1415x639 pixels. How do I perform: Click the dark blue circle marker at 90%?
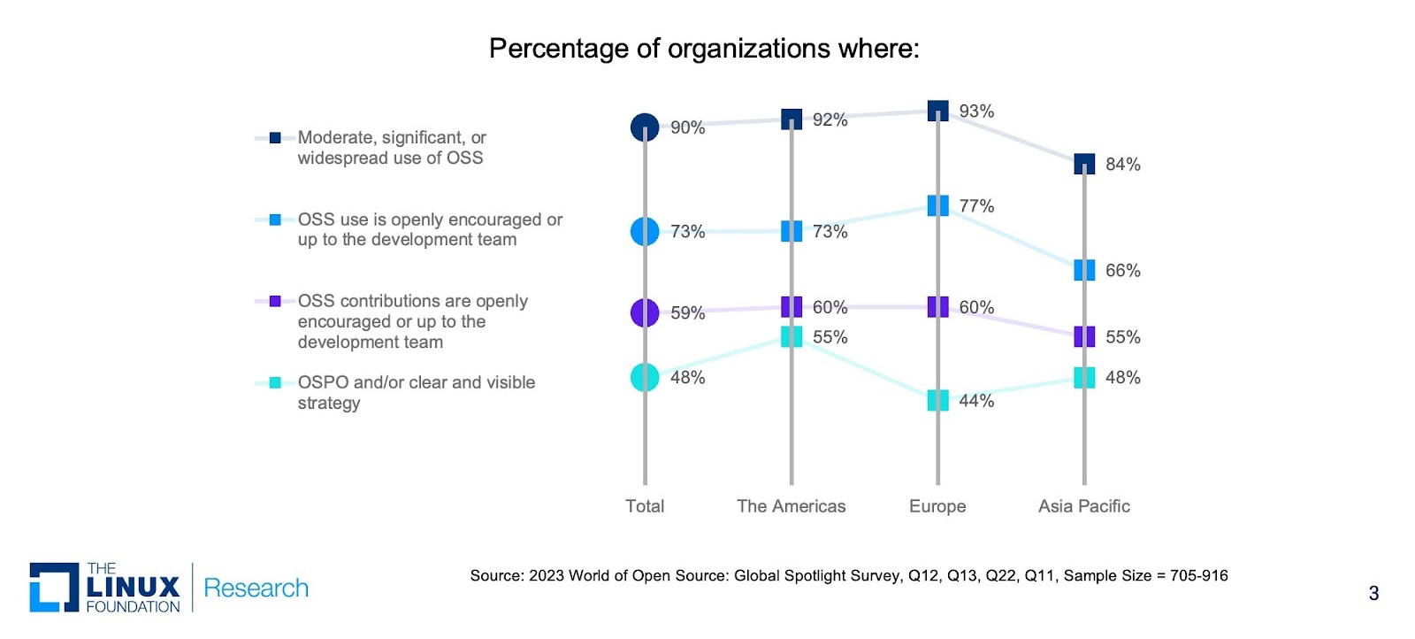point(645,127)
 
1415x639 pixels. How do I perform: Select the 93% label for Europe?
point(976,112)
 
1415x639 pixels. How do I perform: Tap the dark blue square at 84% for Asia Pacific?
point(1084,164)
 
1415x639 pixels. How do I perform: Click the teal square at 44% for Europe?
point(938,400)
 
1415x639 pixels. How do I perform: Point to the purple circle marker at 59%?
point(645,312)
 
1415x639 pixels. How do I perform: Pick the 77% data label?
point(976,206)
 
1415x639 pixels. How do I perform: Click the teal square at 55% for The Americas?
point(792,336)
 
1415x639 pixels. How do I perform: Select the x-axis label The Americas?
point(791,506)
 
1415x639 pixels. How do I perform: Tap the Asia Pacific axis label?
point(1083,506)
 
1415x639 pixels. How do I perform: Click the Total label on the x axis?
point(645,506)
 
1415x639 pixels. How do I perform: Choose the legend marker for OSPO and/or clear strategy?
point(275,382)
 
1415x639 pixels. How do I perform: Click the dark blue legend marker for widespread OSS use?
point(275,138)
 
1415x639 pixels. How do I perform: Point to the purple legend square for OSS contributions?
point(275,301)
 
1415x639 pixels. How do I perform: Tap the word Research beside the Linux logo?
point(256,589)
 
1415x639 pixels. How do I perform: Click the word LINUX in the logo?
point(134,587)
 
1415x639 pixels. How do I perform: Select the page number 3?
point(1373,594)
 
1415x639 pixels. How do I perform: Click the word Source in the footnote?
point(496,576)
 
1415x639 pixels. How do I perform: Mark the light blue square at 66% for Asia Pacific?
point(1084,270)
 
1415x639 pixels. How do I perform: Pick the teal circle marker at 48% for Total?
point(645,377)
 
